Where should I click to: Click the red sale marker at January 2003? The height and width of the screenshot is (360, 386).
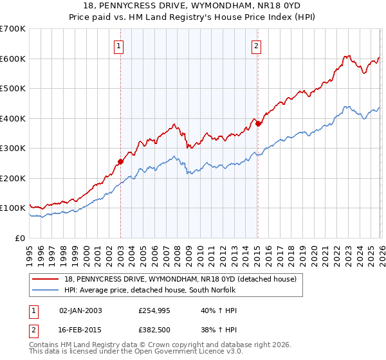(x=120, y=161)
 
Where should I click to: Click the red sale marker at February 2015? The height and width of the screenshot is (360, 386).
(x=257, y=124)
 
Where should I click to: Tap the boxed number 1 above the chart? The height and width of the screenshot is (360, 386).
(x=120, y=45)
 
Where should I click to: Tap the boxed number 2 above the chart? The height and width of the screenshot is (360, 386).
(x=257, y=45)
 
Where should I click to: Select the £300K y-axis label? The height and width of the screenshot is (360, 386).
(x=12, y=148)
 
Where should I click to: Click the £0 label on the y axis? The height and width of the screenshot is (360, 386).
(x=20, y=238)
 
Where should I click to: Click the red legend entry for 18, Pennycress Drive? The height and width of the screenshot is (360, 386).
(x=180, y=279)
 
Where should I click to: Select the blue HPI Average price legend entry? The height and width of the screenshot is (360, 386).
(x=150, y=291)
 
